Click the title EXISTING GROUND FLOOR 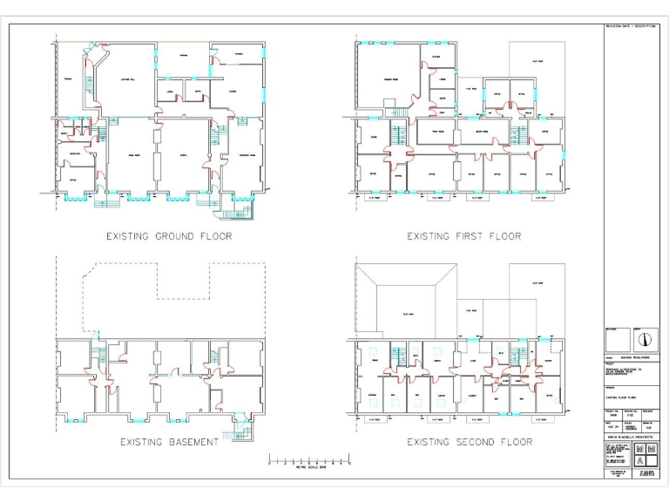pos(169,236)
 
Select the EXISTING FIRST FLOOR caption pos(463,236)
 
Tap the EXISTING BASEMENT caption pos(169,442)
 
